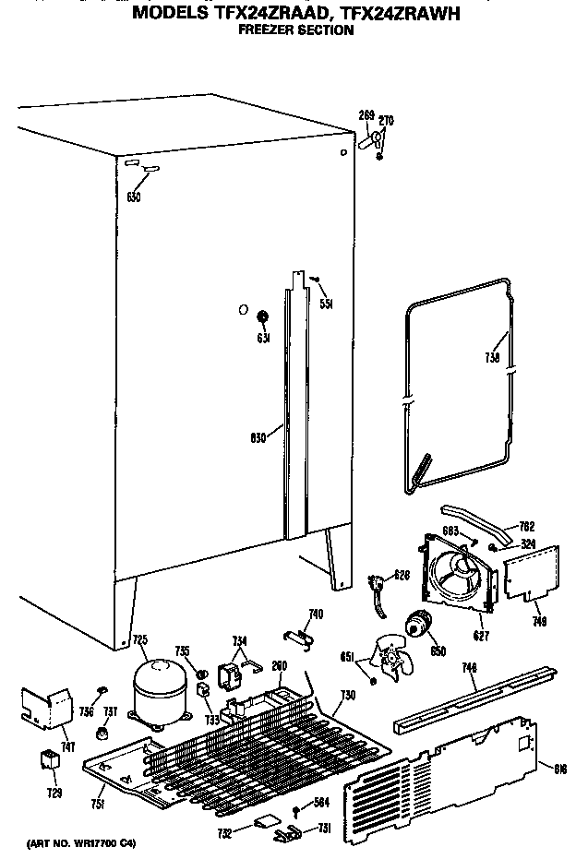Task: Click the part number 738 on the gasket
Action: click(492, 358)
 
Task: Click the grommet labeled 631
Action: click(262, 318)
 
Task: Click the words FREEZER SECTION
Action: click(295, 30)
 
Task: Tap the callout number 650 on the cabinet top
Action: click(134, 197)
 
